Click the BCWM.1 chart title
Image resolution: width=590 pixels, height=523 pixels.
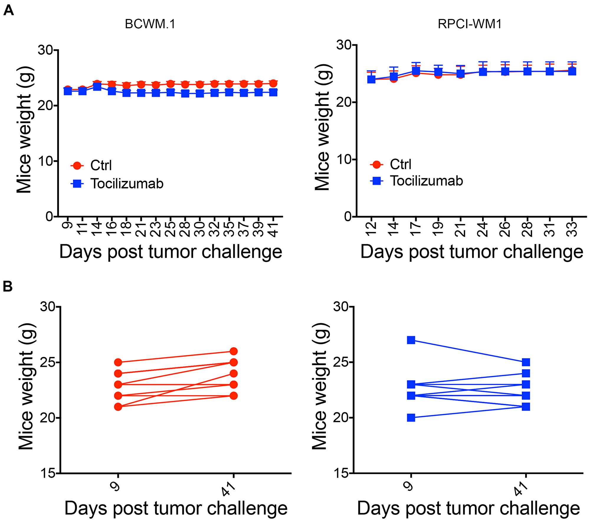coord(150,24)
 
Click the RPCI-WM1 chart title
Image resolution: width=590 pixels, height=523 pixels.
coord(470,24)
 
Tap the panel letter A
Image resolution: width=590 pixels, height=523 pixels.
coord(9,11)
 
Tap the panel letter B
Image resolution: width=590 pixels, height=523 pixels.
coord(8,286)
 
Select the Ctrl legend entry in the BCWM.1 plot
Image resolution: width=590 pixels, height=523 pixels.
coord(101,165)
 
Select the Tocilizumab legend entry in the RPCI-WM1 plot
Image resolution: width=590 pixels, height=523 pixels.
coord(426,181)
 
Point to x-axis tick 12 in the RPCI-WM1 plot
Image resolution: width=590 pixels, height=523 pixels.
coord(371,229)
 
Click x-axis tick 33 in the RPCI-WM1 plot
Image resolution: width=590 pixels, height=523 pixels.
coord(572,229)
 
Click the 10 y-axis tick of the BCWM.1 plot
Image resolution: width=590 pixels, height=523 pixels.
coord(45,161)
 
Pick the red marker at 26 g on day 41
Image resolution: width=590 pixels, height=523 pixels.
coord(234,351)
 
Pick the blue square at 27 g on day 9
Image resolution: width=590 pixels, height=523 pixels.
coord(411,340)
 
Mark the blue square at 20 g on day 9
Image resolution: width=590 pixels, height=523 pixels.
coord(411,418)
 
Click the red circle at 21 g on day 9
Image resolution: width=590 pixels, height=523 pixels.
coord(118,407)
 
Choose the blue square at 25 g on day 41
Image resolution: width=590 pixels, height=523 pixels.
coord(526,362)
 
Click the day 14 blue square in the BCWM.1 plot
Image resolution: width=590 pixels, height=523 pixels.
coord(97,87)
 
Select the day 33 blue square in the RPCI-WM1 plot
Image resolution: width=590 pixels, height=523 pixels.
coord(572,71)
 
